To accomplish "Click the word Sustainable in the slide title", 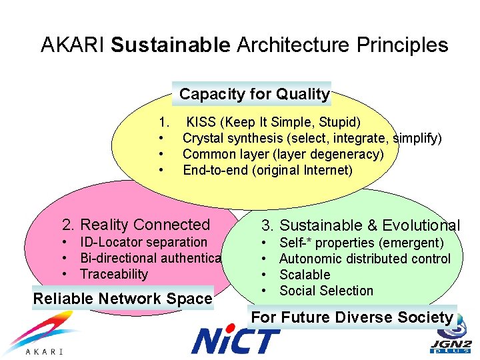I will (x=171, y=45).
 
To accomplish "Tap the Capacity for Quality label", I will (x=254, y=95).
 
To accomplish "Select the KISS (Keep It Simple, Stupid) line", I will (x=273, y=123).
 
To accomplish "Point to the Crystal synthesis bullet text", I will (x=311, y=139).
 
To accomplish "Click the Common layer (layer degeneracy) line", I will (x=283, y=154).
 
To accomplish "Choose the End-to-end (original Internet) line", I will (x=267, y=170).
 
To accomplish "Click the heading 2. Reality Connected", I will (x=136, y=225).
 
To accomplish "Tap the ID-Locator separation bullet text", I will (x=143, y=243).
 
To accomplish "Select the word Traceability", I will (x=114, y=274).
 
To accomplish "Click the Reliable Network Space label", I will (x=123, y=299).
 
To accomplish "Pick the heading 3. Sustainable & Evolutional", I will (x=360, y=226).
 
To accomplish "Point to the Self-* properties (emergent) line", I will (x=361, y=243).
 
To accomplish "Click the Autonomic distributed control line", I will (x=365, y=259).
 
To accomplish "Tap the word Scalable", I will (x=305, y=275).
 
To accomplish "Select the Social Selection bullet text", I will (x=326, y=291).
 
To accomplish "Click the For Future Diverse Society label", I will (x=352, y=317).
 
